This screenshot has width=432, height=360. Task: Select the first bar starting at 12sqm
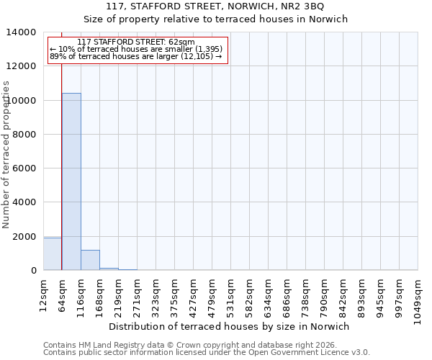(53, 254)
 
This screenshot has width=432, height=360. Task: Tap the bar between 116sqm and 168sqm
(90, 260)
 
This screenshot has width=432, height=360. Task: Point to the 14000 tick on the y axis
(24, 32)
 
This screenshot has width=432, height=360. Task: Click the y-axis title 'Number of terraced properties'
(6, 154)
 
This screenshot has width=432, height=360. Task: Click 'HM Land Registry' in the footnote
(105, 345)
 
